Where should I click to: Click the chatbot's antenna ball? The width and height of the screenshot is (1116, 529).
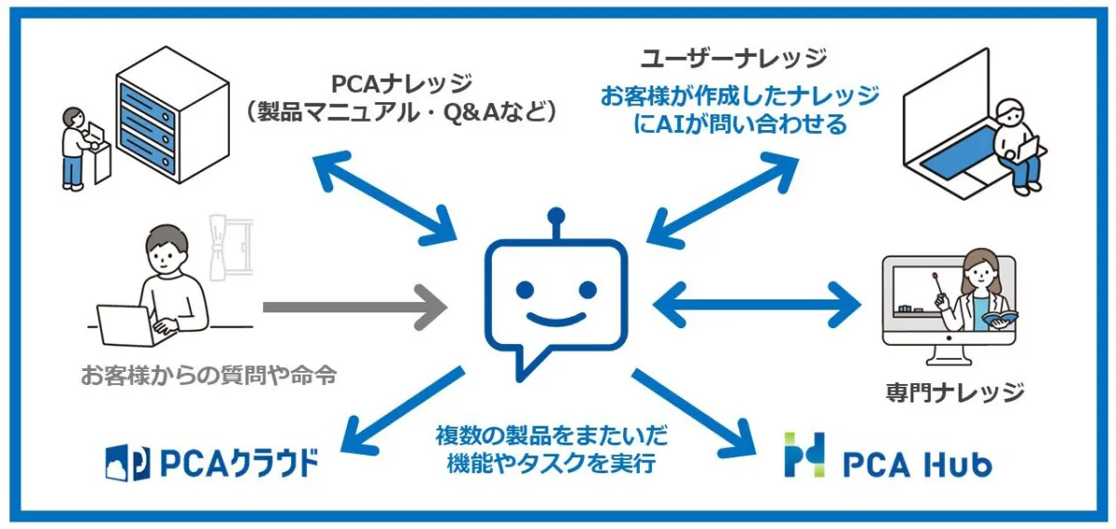557,218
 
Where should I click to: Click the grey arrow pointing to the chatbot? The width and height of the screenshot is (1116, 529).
353,305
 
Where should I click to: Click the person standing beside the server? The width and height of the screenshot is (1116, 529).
74,149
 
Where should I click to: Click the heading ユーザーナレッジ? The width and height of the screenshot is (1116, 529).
734,60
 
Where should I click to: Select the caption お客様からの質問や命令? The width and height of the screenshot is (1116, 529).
207,377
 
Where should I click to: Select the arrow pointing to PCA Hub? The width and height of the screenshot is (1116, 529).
692,410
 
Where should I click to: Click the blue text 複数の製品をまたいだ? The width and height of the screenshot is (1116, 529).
551,435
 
